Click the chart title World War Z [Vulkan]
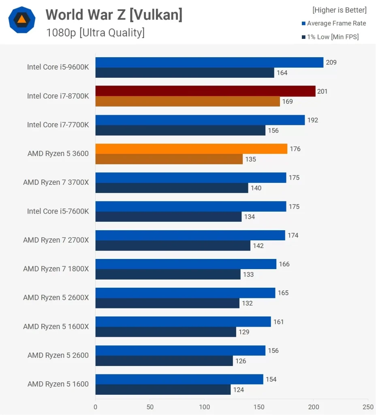114,15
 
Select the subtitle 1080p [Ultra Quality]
95,32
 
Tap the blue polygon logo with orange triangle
22,19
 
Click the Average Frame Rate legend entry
334,24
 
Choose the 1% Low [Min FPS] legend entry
330,37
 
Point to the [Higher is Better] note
339,10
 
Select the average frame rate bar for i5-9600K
209,62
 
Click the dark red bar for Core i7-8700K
205,91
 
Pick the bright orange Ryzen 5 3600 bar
191,149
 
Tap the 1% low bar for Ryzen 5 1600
163,390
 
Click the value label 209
331,62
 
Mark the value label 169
287,101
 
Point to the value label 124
238,390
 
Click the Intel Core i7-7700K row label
58,125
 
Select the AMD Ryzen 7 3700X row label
56,182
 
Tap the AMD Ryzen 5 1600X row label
56,327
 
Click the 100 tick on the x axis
204,406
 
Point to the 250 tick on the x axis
368,406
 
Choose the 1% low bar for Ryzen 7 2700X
173,246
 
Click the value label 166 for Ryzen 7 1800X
284,264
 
